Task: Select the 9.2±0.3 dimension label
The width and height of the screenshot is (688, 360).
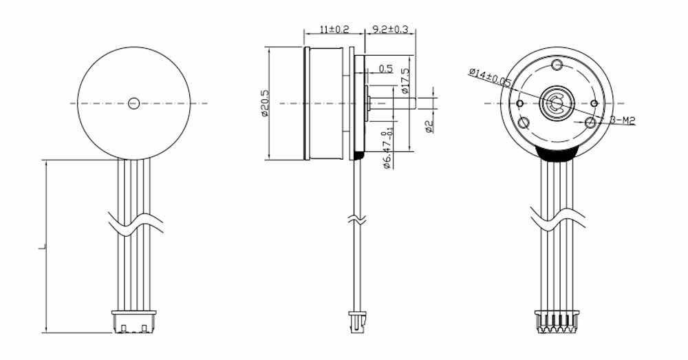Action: pos(390,30)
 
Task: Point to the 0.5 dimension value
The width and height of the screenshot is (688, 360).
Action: pos(385,69)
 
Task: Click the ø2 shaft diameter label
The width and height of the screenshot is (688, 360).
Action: pos(428,127)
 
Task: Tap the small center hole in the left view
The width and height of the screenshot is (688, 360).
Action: pos(133,103)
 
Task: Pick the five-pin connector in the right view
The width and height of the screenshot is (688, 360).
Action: pos(555,321)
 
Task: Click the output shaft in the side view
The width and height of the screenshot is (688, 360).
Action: pos(392,103)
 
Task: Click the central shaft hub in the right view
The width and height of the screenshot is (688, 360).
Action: pos(555,104)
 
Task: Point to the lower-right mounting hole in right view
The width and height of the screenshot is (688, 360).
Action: pos(590,123)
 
